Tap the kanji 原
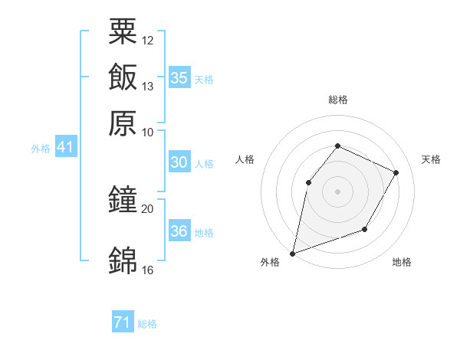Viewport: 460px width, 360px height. (x=123, y=122)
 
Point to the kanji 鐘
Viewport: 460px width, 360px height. (x=123, y=200)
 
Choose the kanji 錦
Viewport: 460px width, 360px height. (x=123, y=260)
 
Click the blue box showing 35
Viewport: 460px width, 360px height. (x=179, y=78)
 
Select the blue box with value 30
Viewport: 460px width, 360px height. (x=179, y=162)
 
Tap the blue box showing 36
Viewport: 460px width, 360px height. (x=179, y=231)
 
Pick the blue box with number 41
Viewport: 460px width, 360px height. (x=65, y=148)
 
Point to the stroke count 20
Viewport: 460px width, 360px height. (x=148, y=208)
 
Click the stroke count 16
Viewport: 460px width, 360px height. (x=148, y=270)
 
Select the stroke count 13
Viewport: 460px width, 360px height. (x=148, y=86)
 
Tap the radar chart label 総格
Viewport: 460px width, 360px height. (x=337, y=100)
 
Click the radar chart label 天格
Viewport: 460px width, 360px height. (x=432, y=159)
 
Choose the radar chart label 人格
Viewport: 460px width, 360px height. (x=245, y=159)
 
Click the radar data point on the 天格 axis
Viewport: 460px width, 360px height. (x=396, y=173)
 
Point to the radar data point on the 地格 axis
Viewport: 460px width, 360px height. (x=365, y=229)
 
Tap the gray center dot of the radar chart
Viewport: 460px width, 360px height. (x=337, y=191)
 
